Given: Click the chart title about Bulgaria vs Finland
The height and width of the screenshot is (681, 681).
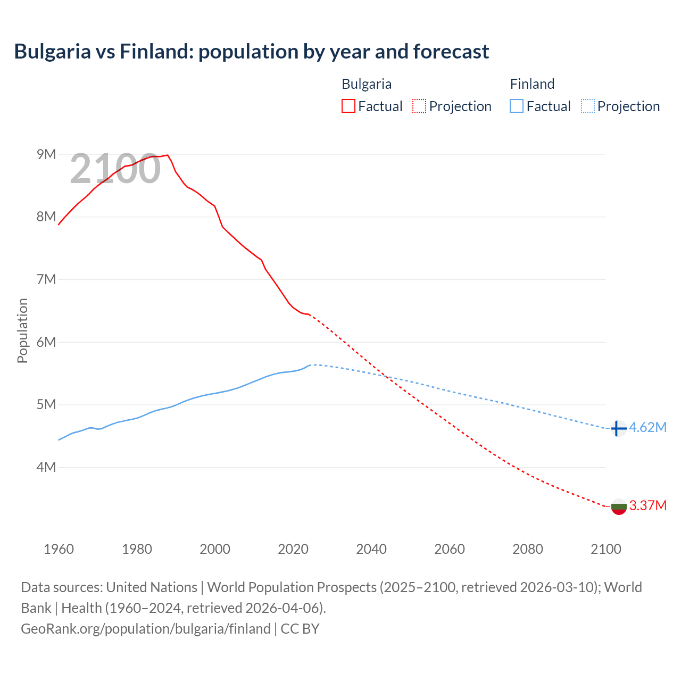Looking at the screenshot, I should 251,52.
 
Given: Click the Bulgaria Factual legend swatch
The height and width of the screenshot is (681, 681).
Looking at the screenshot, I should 348,106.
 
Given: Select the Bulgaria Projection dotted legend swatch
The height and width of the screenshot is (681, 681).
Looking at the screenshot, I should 419,106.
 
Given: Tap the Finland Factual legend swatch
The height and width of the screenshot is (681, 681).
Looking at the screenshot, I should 517,106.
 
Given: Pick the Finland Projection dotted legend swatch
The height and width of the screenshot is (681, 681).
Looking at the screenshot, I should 588,106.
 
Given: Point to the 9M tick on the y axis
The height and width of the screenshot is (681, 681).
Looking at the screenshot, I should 46,154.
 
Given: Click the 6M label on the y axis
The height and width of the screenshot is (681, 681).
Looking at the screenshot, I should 46,342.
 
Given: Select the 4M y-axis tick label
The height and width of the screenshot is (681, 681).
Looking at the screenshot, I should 46,467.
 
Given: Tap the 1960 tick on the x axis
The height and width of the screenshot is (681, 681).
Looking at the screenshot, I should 59,549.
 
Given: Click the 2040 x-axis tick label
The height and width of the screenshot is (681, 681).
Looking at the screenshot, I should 371,549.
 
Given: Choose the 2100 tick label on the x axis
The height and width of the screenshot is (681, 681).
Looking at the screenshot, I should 606,549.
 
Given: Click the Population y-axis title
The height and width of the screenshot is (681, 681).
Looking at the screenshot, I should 22,330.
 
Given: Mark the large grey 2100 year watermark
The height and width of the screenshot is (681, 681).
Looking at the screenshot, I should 115,169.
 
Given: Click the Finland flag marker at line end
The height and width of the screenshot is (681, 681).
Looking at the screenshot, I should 618,428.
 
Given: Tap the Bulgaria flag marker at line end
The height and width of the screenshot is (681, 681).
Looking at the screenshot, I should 619,506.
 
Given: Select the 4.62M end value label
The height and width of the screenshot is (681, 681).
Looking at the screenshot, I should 647,428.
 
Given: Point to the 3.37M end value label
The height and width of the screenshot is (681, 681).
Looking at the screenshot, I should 647,505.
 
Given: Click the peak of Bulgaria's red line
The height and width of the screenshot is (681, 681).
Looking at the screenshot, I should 168,155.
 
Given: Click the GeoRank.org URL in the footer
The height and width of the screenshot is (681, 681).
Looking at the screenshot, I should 145,628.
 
